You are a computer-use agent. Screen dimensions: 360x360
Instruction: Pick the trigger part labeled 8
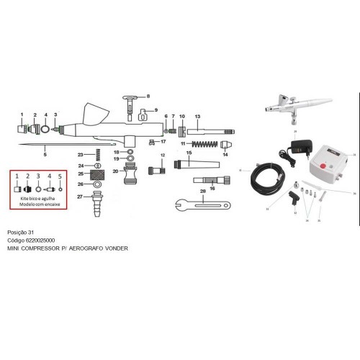[130, 100]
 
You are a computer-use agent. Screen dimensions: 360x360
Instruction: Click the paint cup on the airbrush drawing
[94, 114]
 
